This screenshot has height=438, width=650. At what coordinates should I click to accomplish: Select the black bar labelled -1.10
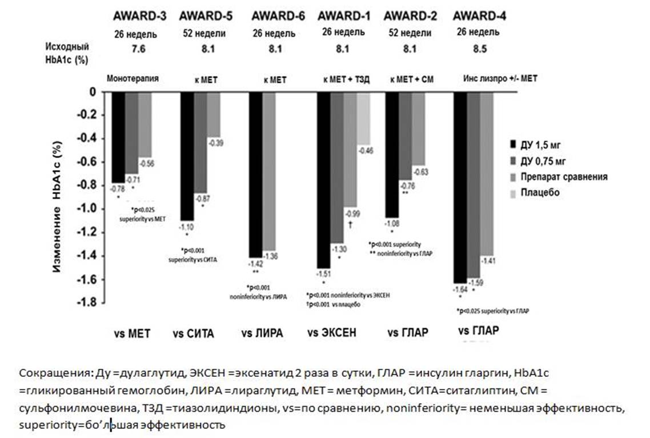(187, 156)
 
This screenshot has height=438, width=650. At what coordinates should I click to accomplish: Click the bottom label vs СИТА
(193, 333)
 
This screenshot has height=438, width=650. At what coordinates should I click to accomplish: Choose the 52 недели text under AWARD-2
(410, 33)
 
